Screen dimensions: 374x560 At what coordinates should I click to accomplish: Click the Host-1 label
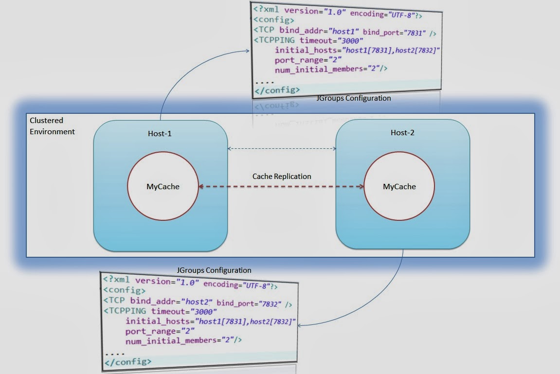(160, 133)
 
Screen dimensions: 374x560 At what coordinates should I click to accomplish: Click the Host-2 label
(402, 133)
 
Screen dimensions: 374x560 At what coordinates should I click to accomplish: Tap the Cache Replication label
(282, 177)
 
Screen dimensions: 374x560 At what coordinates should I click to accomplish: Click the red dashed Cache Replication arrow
(282, 186)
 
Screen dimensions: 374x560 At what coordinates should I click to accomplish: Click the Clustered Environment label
(52, 126)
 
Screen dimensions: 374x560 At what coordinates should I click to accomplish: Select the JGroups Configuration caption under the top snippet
(353, 98)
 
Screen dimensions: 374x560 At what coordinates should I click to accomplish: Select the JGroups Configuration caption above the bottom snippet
(214, 270)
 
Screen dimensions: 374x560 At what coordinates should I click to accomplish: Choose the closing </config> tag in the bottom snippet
(127, 361)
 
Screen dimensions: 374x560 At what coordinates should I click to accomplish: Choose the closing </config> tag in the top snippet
(277, 90)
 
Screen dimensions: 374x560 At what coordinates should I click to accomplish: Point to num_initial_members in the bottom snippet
(171, 341)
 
